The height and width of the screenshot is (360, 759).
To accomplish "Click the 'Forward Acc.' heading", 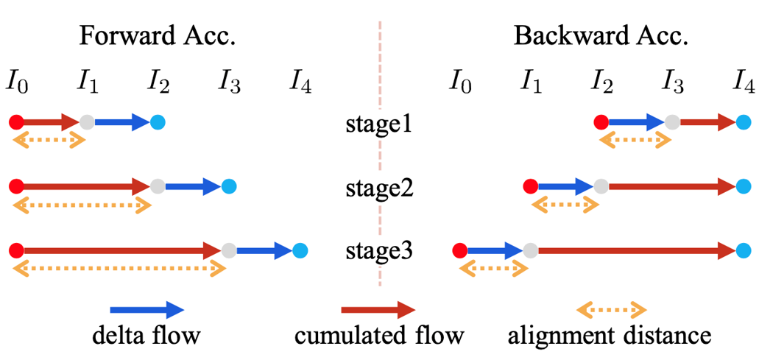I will click(158, 37).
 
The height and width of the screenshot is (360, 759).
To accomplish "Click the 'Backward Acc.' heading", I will click(601, 37).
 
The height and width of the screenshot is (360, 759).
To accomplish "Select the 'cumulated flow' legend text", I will click(379, 336).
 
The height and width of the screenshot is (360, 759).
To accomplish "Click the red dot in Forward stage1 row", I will click(17, 122).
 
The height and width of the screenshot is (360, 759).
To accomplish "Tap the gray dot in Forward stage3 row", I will click(228, 250).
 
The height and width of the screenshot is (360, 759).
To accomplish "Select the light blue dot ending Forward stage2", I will click(228, 186).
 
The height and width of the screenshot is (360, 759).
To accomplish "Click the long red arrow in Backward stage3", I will click(636, 250).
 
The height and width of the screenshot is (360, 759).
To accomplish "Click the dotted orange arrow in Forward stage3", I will click(119, 269).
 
